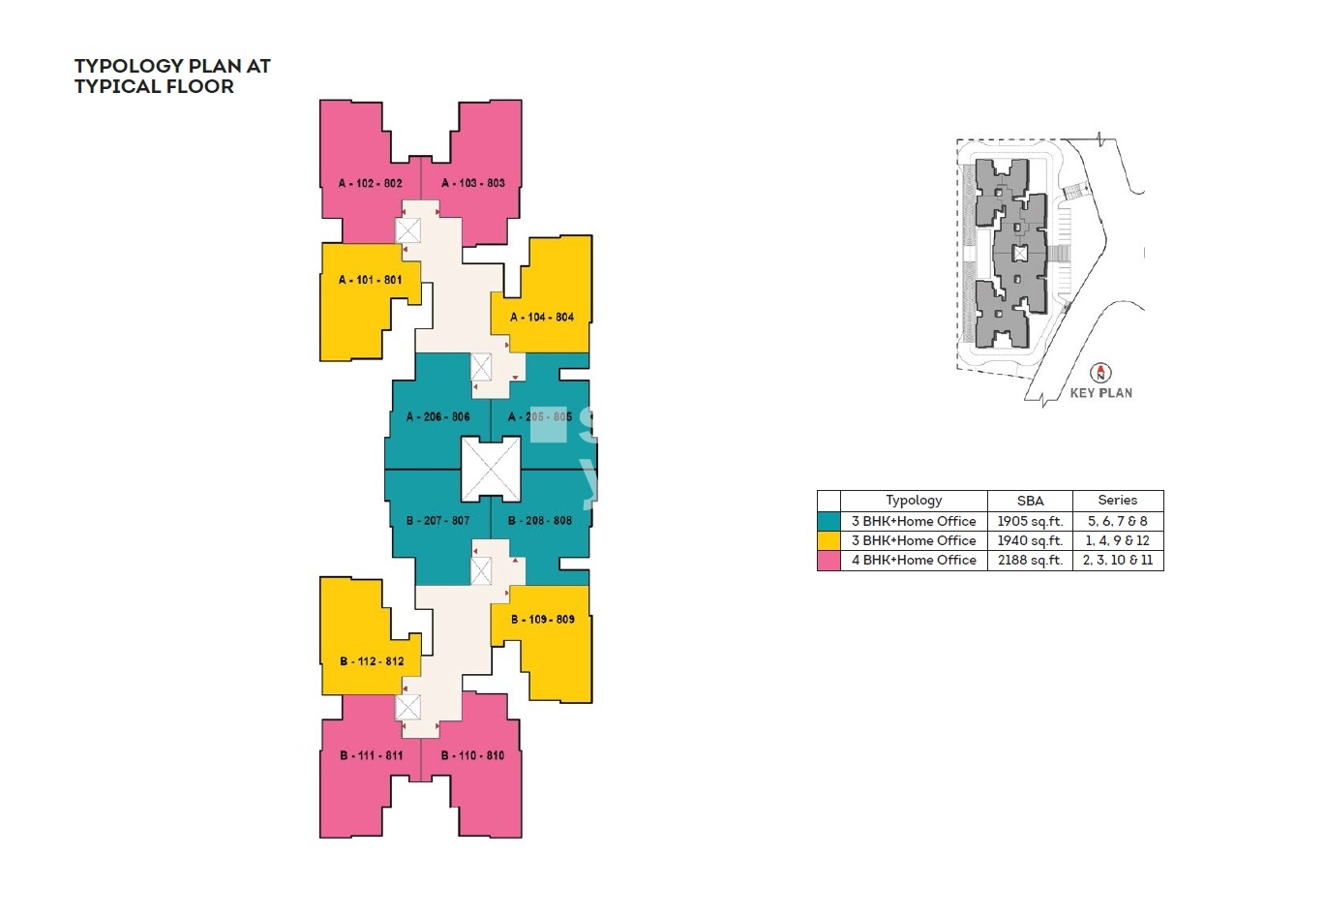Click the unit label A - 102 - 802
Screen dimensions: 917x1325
click(x=370, y=183)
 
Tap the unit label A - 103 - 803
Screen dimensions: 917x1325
click(x=473, y=183)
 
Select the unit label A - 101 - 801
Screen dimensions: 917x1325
click(x=370, y=280)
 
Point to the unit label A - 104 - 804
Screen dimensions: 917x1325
click(x=542, y=317)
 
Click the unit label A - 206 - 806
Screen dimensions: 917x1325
click(x=437, y=416)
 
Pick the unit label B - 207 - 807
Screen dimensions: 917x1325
click(x=437, y=520)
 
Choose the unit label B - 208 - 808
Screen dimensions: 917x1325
click(x=540, y=520)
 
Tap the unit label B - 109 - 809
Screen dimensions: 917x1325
click(x=542, y=619)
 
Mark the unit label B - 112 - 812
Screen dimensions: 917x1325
click(x=372, y=661)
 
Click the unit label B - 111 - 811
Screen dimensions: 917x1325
click(x=371, y=755)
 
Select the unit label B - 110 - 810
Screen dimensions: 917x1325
click(x=472, y=755)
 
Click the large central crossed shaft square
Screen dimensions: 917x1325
click(x=491, y=469)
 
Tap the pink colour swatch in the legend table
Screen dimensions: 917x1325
click(x=828, y=561)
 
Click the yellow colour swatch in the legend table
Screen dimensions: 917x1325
click(x=828, y=540)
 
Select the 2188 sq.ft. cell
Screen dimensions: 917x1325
click(x=1030, y=561)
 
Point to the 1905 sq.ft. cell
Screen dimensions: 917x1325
click(x=1030, y=521)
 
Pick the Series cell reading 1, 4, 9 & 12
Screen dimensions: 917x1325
click(x=1118, y=540)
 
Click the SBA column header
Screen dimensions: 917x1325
click(x=1030, y=501)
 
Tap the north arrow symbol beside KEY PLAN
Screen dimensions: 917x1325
click(x=1100, y=373)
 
